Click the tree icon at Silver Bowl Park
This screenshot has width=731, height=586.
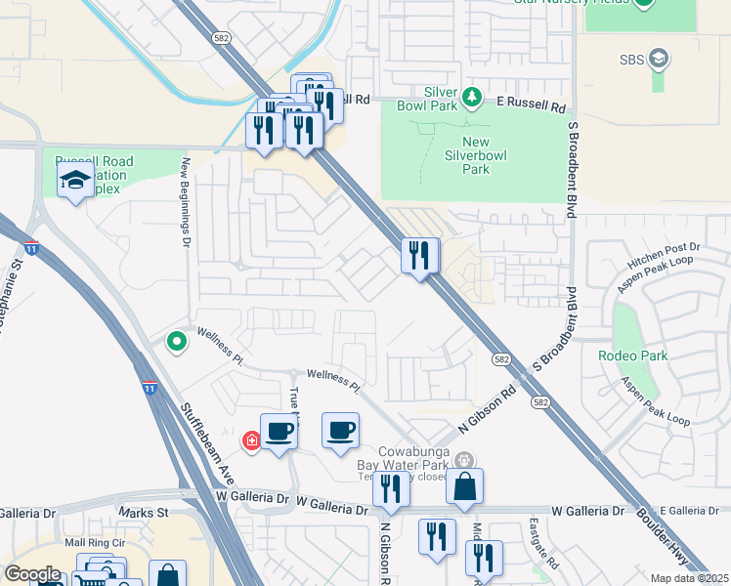473,96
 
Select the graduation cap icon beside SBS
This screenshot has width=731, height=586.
659,59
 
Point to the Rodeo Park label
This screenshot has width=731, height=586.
633,356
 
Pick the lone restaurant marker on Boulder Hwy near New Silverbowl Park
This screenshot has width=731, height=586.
420,257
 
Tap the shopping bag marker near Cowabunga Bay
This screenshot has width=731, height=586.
465,487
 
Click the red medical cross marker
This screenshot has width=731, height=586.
252,441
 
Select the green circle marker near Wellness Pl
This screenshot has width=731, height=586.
177,342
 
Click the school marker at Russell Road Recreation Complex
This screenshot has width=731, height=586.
75,181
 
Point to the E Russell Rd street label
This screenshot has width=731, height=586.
532,102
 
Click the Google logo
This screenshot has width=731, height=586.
32,574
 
